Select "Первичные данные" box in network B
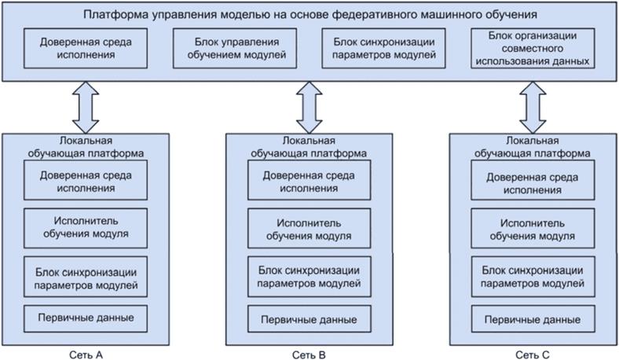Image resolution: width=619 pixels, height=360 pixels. pyautogui.click(x=309, y=320)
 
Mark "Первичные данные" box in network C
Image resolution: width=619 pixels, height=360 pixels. pyautogui.click(x=532, y=320)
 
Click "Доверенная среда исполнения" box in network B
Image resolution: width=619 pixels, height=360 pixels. pyautogui.click(x=309, y=182)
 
